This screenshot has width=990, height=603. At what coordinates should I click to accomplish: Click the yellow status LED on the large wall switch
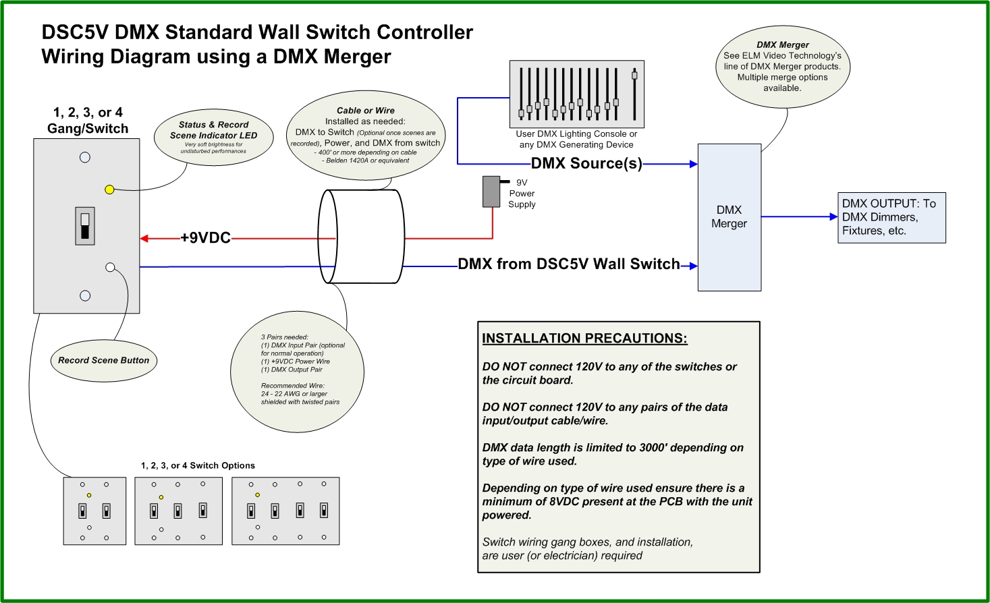pyautogui.click(x=109, y=190)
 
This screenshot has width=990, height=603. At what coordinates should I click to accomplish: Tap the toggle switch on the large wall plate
pyautogui.click(x=85, y=226)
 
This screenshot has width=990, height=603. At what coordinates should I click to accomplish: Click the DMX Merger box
pyautogui.click(x=730, y=217)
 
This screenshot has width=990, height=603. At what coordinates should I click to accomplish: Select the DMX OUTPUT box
pyautogui.click(x=892, y=218)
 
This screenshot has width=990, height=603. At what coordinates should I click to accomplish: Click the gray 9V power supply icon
pyautogui.click(x=491, y=192)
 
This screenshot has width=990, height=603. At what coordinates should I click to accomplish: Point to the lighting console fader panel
pyautogui.click(x=577, y=94)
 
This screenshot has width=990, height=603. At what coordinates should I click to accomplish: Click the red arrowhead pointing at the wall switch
pyautogui.click(x=144, y=239)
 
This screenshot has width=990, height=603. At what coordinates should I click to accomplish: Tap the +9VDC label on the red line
pyautogui.click(x=206, y=238)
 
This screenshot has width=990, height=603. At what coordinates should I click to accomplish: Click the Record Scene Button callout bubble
pyautogui.click(x=104, y=360)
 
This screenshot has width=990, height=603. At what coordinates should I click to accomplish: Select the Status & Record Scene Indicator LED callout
pyautogui.click(x=213, y=137)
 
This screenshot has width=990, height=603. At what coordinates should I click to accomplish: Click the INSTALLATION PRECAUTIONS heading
pyautogui.click(x=584, y=339)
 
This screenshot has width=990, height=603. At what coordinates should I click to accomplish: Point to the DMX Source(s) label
pyautogui.click(x=586, y=163)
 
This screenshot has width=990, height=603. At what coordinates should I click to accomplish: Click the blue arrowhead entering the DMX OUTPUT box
pyautogui.click(x=834, y=217)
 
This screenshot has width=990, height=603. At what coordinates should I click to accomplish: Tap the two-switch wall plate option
pyautogui.click(x=94, y=511)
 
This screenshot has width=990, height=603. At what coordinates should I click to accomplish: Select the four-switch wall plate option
pyautogui.click(x=285, y=511)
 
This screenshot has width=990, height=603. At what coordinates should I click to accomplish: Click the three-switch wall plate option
pyautogui.click(x=179, y=511)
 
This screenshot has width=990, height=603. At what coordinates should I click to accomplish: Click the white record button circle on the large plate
pyautogui.click(x=110, y=267)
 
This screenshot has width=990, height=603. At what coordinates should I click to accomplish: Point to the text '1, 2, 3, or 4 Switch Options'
pyautogui.click(x=198, y=465)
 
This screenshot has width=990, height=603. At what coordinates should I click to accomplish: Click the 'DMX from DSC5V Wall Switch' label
pyautogui.click(x=569, y=264)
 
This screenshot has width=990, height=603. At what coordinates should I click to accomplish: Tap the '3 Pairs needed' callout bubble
pyautogui.click(x=297, y=372)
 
